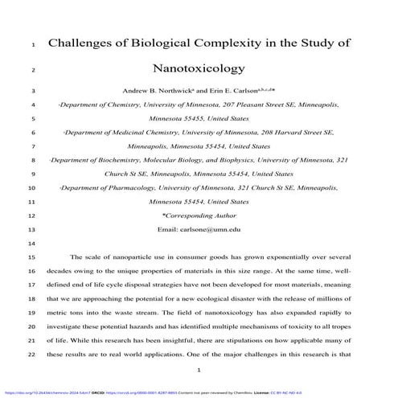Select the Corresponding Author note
[199, 215]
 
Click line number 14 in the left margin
[31, 243]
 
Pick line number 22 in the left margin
[31, 354]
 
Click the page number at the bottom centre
[199, 370]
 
